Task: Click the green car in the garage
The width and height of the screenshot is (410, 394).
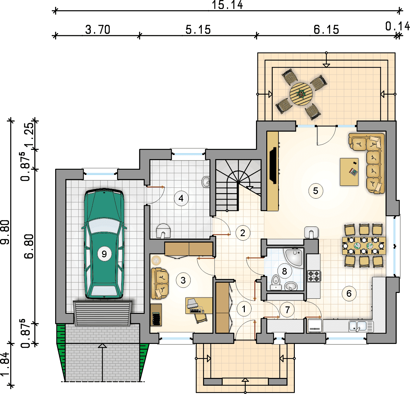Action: (x=104, y=243)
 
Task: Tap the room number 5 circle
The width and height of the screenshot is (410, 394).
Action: (x=315, y=191)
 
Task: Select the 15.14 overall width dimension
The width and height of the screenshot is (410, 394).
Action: (x=227, y=5)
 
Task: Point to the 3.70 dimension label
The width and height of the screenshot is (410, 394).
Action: (x=98, y=30)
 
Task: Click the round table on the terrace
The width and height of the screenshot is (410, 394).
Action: (x=301, y=94)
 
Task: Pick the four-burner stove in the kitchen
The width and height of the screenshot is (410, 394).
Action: (x=314, y=276)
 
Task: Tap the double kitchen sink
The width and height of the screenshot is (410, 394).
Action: (x=361, y=326)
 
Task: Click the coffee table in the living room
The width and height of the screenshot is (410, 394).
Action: (x=349, y=172)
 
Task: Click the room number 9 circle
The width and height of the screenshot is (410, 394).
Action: (x=104, y=254)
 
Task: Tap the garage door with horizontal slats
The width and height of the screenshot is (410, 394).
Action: (x=102, y=313)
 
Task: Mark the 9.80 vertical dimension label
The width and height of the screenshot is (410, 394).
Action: (x=5, y=232)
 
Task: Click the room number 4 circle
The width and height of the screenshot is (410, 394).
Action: (x=181, y=198)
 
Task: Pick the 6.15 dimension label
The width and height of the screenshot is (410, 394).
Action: (x=326, y=30)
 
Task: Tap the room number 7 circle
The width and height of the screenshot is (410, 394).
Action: (x=287, y=310)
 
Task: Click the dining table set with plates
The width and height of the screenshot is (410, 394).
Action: (x=364, y=246)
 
